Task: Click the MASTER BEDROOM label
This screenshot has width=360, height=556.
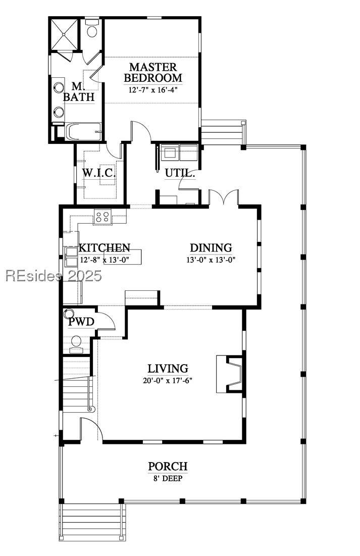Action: tap(153, 72)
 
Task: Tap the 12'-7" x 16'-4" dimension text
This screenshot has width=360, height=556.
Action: tap(153, 90)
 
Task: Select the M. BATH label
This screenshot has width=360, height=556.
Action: tap(78, 91)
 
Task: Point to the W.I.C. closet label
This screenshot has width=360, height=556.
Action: tap(99, 173)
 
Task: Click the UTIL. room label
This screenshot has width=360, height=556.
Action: tap(180, 174)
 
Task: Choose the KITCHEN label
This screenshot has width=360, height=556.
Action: tap(105, 247)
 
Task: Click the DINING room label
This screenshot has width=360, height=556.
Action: tap(211, 247)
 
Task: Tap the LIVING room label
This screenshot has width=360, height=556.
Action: tap(168, 369)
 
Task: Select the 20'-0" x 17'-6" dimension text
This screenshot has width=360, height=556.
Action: tap(168, 381)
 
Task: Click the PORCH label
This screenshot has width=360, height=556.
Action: tap(168, 466)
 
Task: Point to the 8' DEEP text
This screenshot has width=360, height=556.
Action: tap(168, 479)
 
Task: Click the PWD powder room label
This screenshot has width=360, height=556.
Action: tap(81, 322)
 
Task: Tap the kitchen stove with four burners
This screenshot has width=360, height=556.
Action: tap(102, 217)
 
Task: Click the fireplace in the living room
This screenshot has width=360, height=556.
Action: tap(229, 374)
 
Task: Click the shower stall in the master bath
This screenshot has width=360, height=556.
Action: tap(64, 34)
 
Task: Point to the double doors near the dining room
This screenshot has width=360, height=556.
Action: tap(224, 197)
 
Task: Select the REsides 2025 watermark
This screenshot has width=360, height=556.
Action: tap(54, 276)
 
